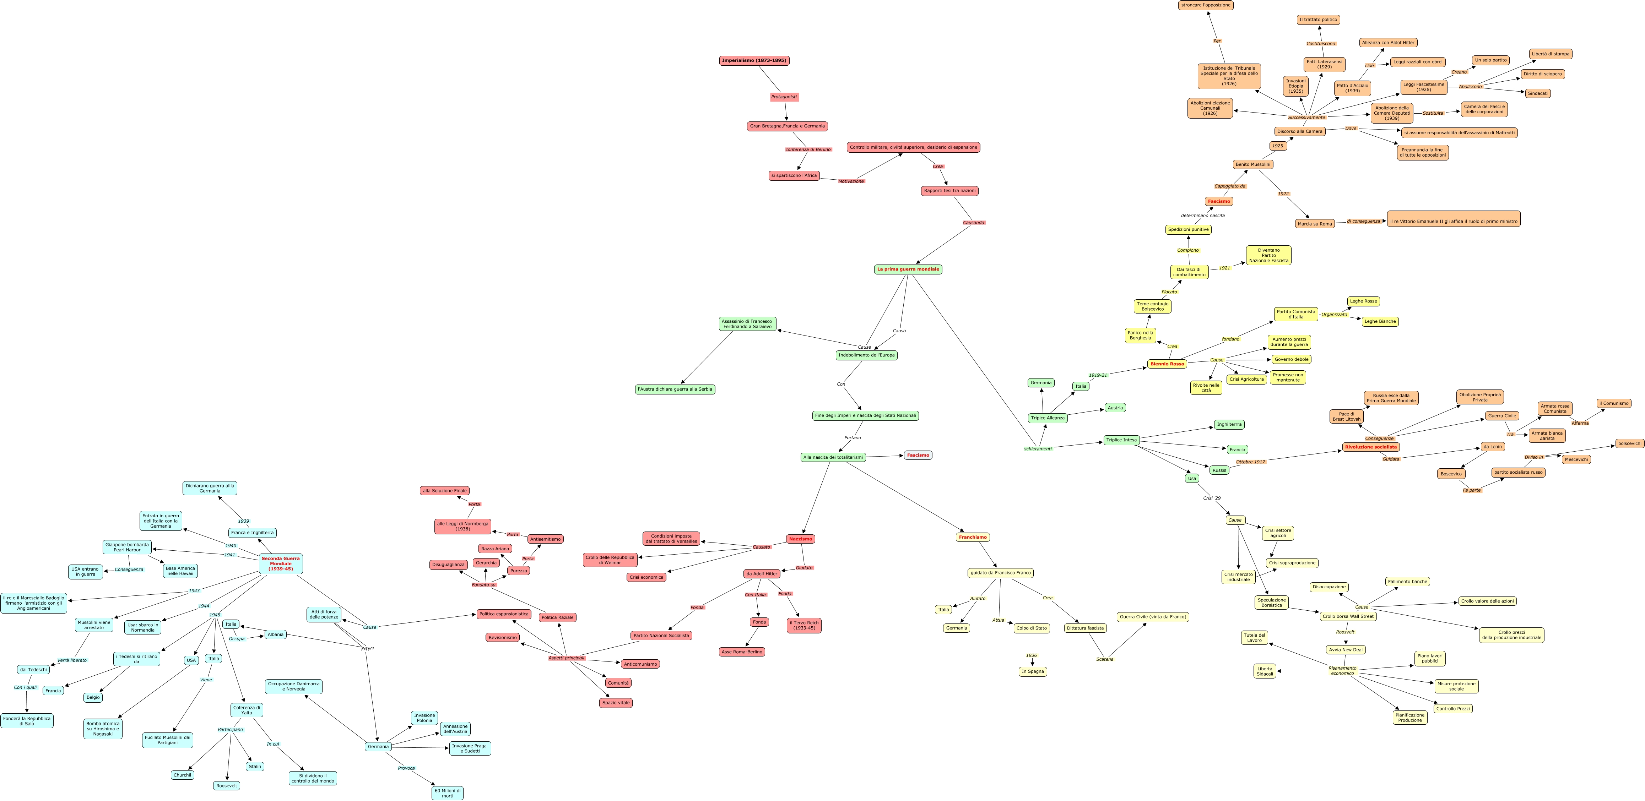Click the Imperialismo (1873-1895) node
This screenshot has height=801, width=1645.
(x=754, y=61)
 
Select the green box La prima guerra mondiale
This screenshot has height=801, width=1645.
(x=908, y=269)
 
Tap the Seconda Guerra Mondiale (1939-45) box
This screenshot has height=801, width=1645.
(x=281, y=563)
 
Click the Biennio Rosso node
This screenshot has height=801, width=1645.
(x=1167, y=364)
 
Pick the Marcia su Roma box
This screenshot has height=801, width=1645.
(x=1315, y=224)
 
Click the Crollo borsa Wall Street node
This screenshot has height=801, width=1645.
(x=1348, y=616)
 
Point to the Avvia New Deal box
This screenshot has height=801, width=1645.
(x=1346, y=650)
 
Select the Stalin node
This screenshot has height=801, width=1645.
(x=255, y=767)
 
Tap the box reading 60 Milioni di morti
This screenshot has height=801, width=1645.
(x=448, y=793)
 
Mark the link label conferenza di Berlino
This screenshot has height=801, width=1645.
(x=808, y=149)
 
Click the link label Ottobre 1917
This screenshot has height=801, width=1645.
(x=1250, y=462)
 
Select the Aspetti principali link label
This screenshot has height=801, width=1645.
(x=567, y=658)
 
